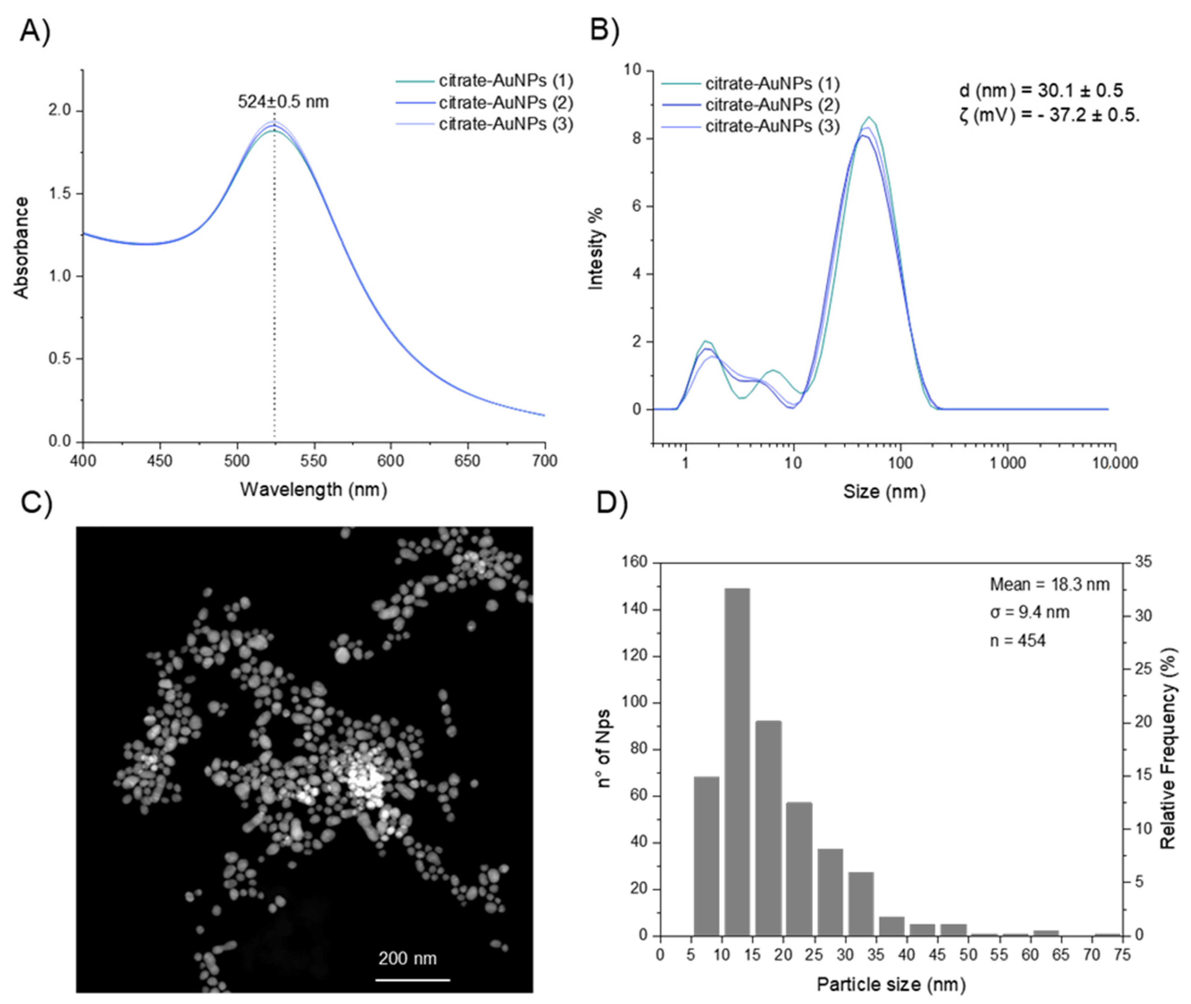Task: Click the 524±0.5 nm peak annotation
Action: pyautogui.click(x=283, y=102)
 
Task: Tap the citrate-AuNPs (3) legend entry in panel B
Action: pyautogui.click(x=772, y=126)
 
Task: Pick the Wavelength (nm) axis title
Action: pyautogui.click(x=313, y=489)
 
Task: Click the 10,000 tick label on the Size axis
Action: pyautogui.click(x=1115, y=463)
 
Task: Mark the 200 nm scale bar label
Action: pyautogui.click(x=407, y=958)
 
